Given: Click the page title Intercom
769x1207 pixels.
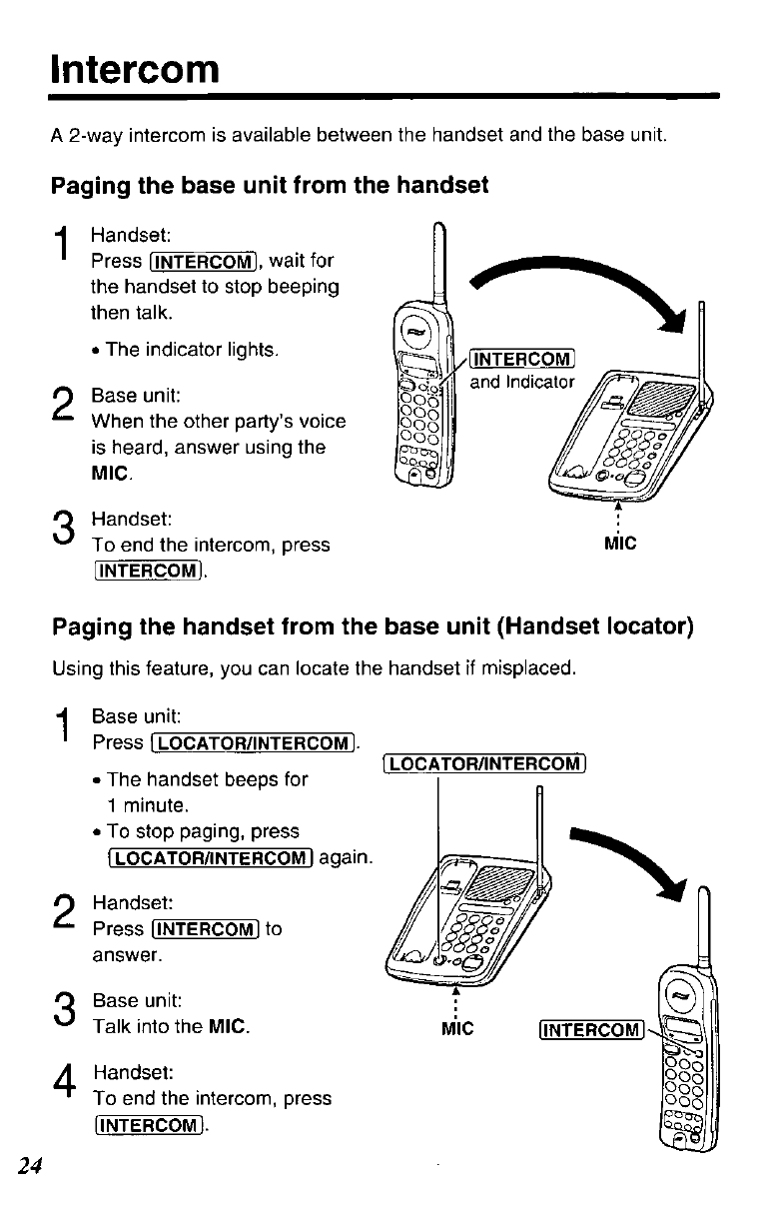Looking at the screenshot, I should pos(134,69).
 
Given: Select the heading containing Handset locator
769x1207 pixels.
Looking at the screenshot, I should pos(373,626).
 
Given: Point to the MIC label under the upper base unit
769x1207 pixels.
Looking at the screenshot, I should pos(620,546).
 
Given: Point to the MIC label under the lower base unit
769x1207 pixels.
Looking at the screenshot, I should pos(455,1027).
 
